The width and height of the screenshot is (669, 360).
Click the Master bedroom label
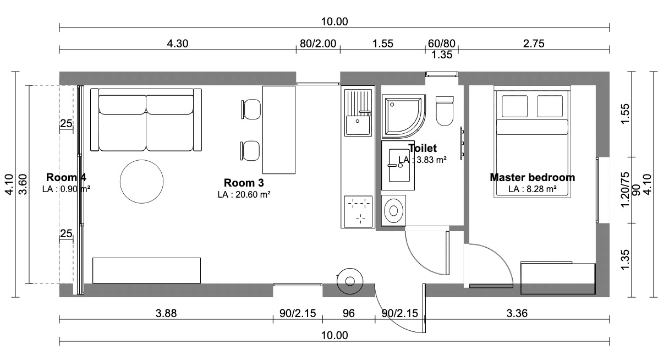tap(532, 177)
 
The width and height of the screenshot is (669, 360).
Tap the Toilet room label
tap(423, 148)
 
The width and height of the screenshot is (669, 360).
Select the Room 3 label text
tap(244, 183)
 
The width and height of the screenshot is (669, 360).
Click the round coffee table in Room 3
tap(141, 181)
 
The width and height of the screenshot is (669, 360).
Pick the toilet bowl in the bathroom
tap(445, 111)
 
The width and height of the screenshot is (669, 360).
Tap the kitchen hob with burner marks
tap(358, 211)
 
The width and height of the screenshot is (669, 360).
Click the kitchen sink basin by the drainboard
tap(357, 125)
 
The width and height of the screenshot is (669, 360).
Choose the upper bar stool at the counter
tap(251, 110)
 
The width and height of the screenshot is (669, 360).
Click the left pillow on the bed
tap(514, 106)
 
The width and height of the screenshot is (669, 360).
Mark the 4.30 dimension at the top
tap(177, 43)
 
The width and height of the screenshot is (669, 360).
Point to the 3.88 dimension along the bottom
tap(166, 313)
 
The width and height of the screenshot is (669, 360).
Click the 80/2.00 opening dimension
tap(318, 43)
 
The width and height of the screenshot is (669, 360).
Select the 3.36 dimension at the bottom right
tap(517, 313)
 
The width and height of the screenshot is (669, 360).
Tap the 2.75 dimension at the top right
tap(534, 43)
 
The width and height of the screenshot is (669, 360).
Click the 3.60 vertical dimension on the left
tap(23, 184)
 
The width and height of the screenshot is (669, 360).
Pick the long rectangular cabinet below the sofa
tap(146, 270)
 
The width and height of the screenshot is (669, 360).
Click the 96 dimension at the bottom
tap(349, 313)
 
